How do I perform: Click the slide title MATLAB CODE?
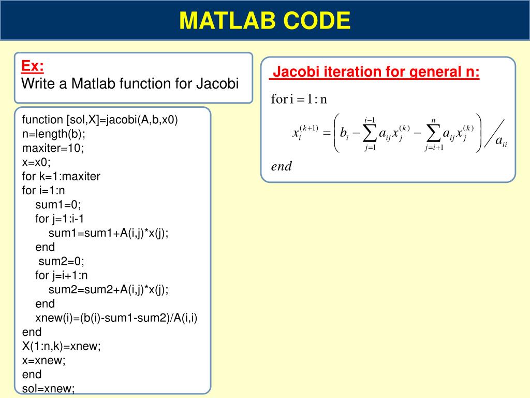tap(264, 20)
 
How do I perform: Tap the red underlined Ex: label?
tap(33, 66)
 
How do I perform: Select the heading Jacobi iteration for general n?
tap(376, 72)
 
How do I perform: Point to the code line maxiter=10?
tap(53, 148)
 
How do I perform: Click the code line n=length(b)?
tap(53, 134)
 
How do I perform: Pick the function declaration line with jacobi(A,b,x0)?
tap(100, 120)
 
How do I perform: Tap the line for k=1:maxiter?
tap(61, 176)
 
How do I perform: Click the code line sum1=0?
tap(58, 205)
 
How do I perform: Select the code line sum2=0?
tap(61, 261)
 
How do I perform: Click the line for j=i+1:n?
tap(61, 276)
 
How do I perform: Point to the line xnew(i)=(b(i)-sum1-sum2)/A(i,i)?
tap(116, 318)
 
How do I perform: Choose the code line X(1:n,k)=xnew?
tap(61, 346)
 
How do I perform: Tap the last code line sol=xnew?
tap(48, 389)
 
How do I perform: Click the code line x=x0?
tap(36, 162)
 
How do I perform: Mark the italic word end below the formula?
tap(281, 166)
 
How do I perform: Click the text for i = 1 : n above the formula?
tap(299, 99)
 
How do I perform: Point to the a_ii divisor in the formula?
tap(501, 141)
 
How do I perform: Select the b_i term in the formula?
tap(344, 133)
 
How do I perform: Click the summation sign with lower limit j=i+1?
tap(434, 134)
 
